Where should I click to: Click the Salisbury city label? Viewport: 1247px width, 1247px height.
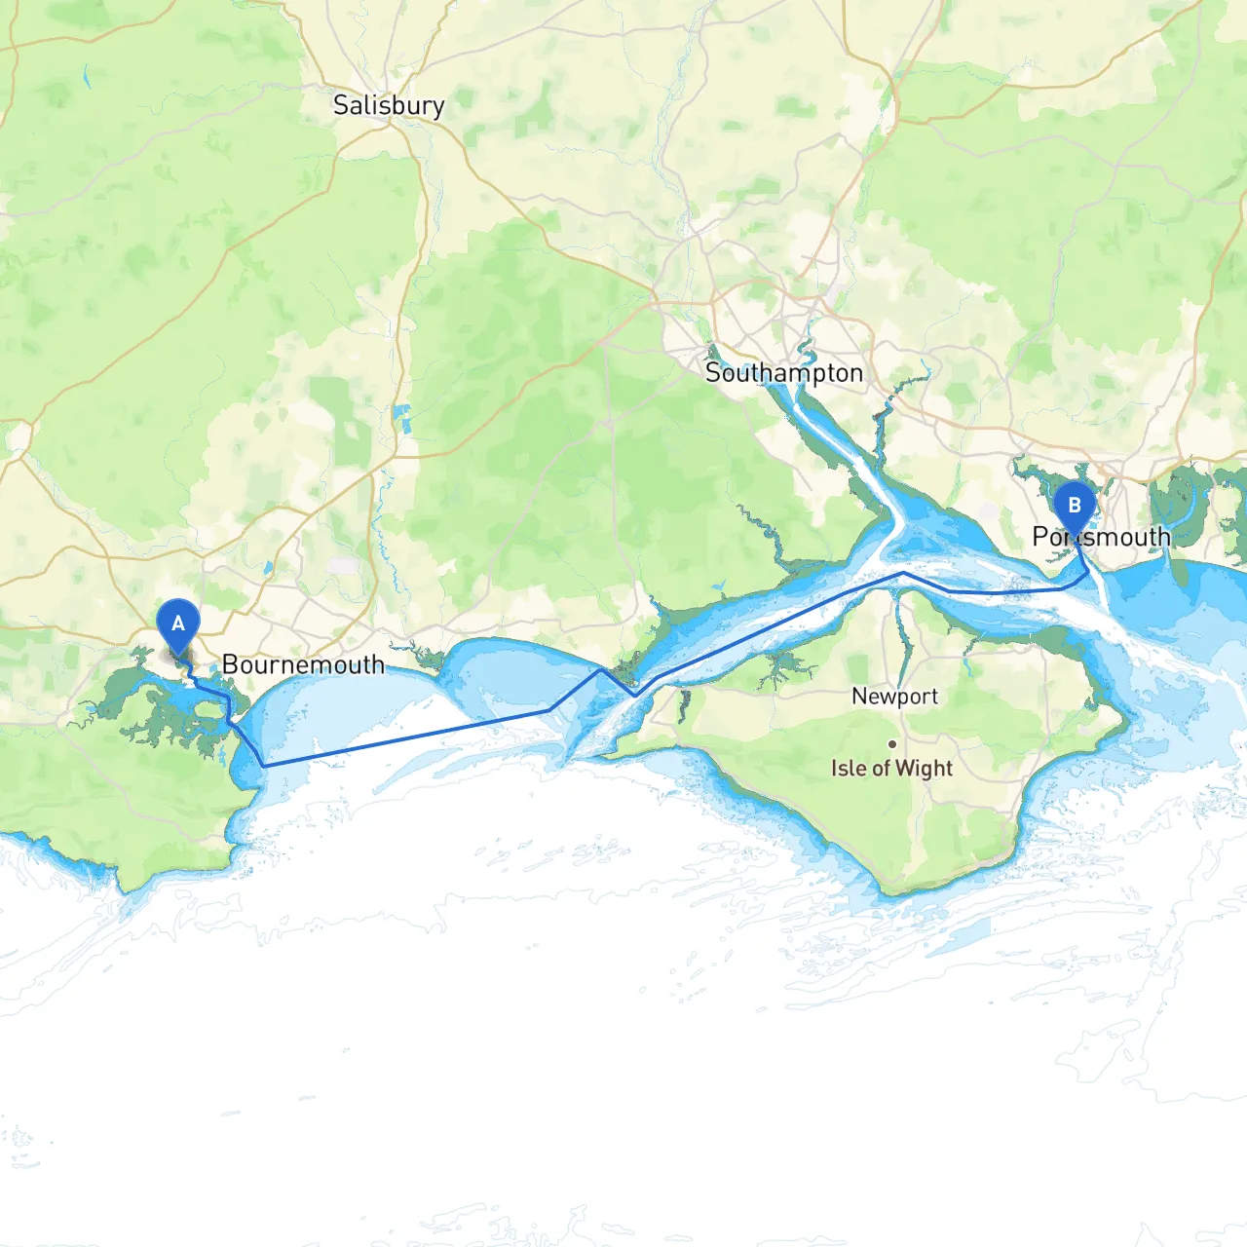pos(389,105)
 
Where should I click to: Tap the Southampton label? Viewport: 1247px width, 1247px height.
pos(784,373)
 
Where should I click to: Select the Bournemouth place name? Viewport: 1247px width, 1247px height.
pos(303,665)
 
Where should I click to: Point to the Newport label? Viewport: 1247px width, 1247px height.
pos(894,697)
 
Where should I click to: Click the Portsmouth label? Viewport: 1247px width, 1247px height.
pos(1102,537)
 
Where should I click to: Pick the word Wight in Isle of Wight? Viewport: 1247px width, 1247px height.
pos(924,769)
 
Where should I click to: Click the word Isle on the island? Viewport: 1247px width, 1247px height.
pos(848,769)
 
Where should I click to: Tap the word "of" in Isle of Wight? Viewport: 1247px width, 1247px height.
pos(881,769)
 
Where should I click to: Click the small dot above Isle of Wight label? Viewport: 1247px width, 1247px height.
pos(891,743)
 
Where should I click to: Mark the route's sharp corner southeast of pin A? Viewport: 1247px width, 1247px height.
pos(264,766)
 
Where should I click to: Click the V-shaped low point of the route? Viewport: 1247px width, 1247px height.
pos(634,696)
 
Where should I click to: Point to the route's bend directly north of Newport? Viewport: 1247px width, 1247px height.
pos(904,573)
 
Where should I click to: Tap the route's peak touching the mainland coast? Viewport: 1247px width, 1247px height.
pos(600,669)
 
